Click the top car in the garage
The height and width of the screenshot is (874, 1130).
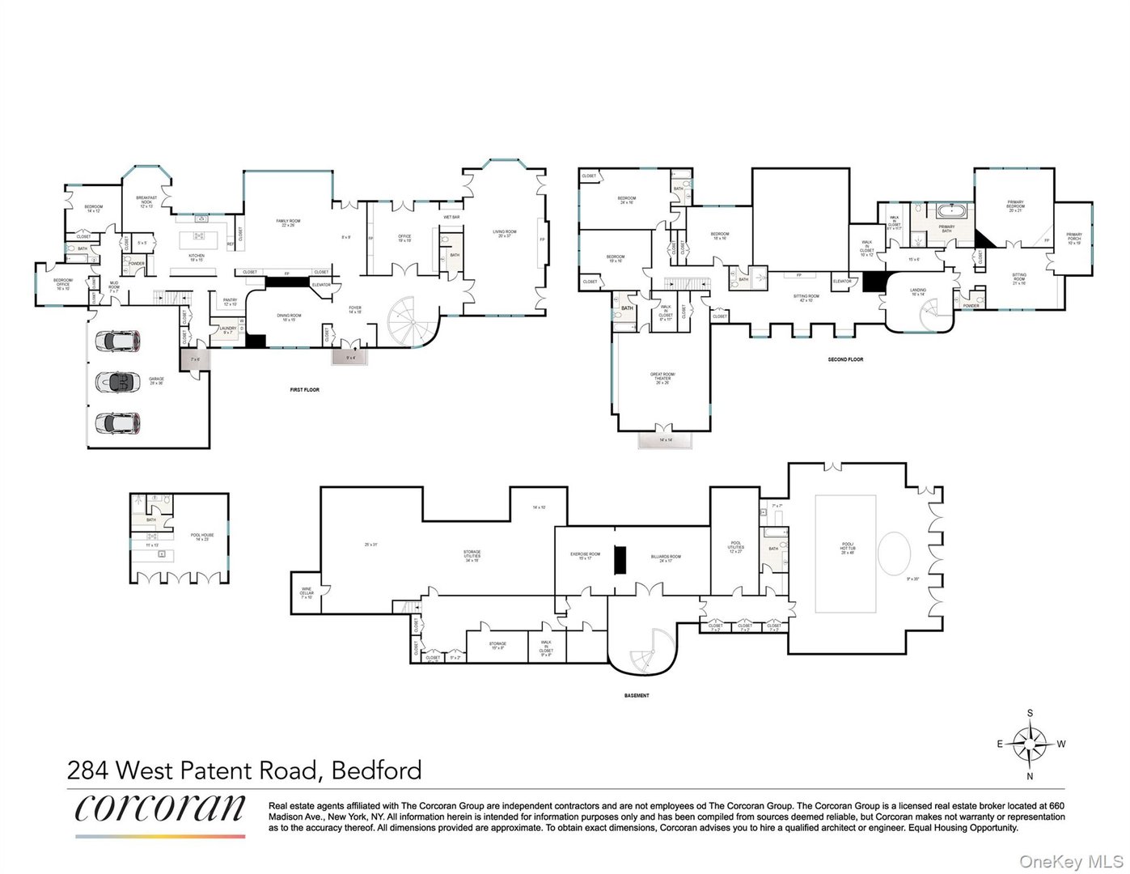tap(118, 341)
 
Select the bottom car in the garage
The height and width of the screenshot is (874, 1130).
tap(118, 422)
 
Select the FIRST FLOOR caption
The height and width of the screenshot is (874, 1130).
tap(305, 390)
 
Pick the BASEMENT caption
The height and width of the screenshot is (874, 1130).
tap(637, 695)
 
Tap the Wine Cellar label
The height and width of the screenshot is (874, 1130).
tap(307, 592)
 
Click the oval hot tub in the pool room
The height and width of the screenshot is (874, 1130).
tap(894, 554)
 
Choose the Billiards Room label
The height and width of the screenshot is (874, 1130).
tap(666, 557)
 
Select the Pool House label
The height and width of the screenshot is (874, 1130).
tap(202, 536)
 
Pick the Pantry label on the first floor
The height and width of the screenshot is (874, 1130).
tap(231, 301)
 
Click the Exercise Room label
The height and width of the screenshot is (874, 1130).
tap(585, 556)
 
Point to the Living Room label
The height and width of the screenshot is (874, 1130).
tap(504, 233)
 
